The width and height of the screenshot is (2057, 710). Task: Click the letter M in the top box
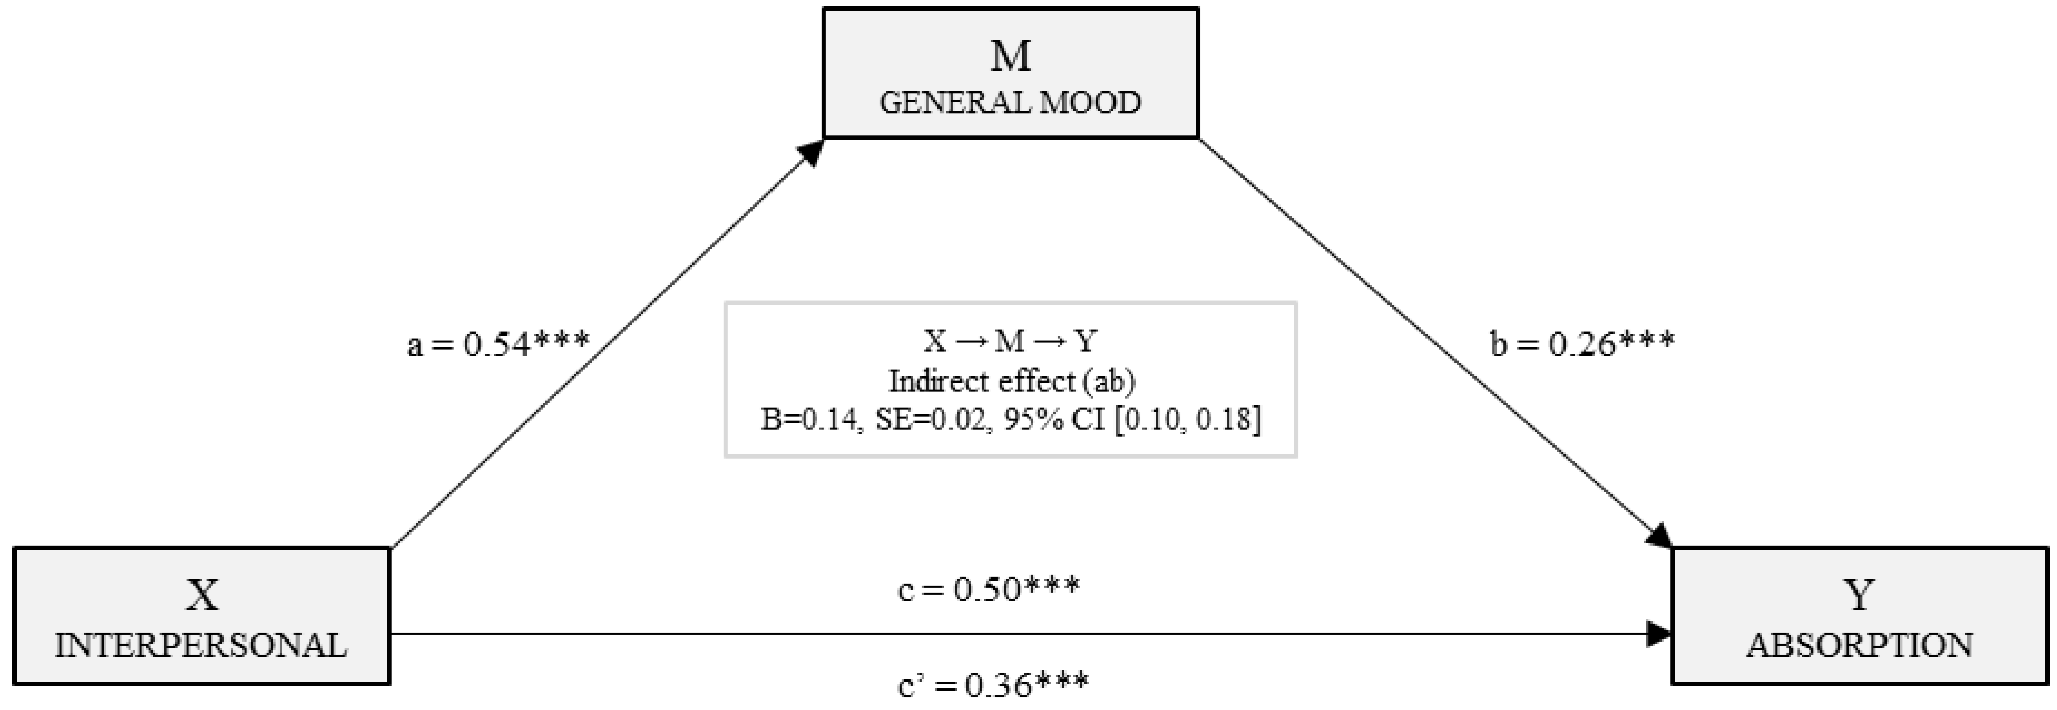pos(1010,56)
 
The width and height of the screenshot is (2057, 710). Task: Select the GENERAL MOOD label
pos(1010,102)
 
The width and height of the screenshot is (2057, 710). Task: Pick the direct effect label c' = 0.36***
pos(993,684)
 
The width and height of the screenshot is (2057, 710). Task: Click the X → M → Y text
pos(1010,342)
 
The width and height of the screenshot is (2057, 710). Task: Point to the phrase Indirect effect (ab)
pos(1011,382)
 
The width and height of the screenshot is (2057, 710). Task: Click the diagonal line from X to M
pos(607,344)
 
